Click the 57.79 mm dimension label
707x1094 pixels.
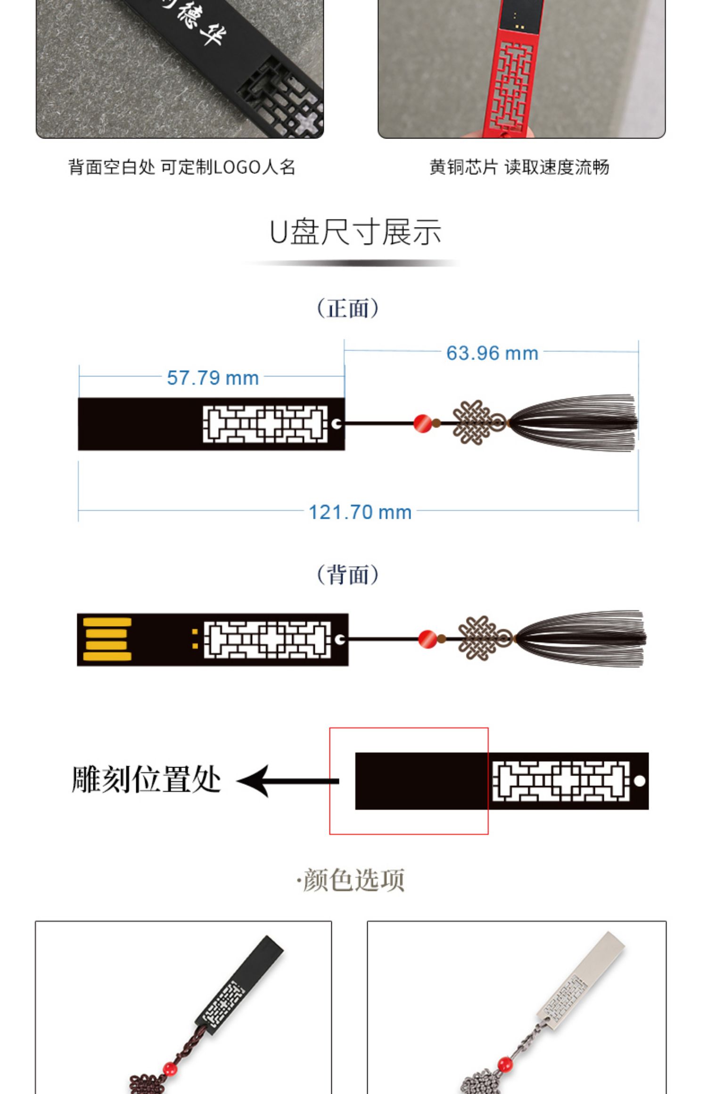click(x=213, y=378)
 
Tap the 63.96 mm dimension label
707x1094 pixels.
click(x=492, y=353)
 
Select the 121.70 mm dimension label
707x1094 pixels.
click(x=360, y=512)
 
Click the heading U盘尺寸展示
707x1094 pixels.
click(x=355, y=232)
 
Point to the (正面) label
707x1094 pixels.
click(x=348, y=309)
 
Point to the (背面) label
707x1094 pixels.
click(x=348, y=575)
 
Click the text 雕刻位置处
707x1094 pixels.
click(x=146, y=780)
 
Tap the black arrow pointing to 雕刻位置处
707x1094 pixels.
click(x=288, y=781)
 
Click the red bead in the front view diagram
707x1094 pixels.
click(x=422, y=423)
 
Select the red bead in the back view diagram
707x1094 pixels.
click(x=427, y=638)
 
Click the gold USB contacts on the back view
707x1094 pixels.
click(x=107, y=639)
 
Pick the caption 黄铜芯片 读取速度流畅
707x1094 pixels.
click(x=519, y=167)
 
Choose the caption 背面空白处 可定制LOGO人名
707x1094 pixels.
click(x=182, y=167)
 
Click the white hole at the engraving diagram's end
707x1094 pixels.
click(x=639, y=781)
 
